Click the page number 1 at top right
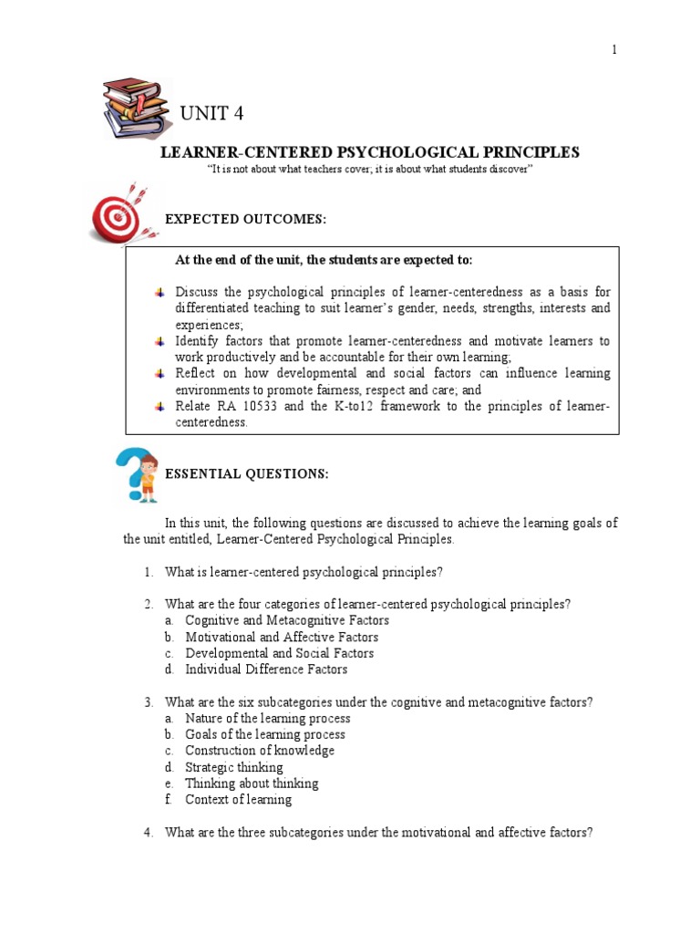614,50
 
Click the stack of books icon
137,107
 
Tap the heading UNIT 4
211,114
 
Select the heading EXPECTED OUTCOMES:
244,220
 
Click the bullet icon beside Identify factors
160,341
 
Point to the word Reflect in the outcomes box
196,374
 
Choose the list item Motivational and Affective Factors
282,638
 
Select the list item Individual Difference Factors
266,669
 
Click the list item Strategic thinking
234,767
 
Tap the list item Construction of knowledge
260,751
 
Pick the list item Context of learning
239,800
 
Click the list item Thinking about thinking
252,784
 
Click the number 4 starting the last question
147,832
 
